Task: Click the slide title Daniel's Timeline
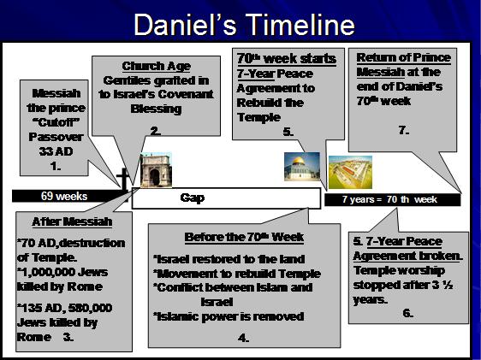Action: [x=244, y=25]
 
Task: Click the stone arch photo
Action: [x=156, y=170]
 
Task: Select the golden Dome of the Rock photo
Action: [x=302, y=167]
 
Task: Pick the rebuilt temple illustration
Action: [x=350, y=172]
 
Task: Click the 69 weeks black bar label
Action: [x=64, y=196]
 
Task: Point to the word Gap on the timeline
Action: [x=193, y=198]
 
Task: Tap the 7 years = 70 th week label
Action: [x=389, y=199]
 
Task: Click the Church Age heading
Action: [x=156, y=66]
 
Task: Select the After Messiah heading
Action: [x=72, y=221]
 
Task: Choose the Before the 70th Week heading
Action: [x=244, y=237]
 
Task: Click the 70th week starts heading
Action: [x=287, y=58]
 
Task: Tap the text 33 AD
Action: [x=56, y=151]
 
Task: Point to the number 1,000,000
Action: [x=44, y=272]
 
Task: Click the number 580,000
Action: [x=90, y=308]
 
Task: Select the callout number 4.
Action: [x=243, y=339]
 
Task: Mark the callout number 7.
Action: [x=404, y=131]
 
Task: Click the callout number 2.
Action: [x=156, y=131]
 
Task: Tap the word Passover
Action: [x=56, y=137]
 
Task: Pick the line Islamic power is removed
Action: [x=229, y=316]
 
